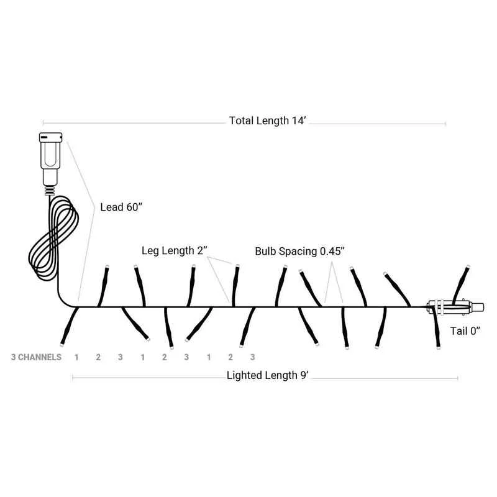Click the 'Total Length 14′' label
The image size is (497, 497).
(x=267, y=121)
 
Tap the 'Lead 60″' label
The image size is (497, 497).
(x=121, y=207)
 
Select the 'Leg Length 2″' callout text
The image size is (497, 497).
(x=174, y=251)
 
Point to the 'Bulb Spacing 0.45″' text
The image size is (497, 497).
(x=299, y=252)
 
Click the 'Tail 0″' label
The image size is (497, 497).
(x=465, y=331)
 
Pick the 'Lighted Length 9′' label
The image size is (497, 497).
(x=267, y=375)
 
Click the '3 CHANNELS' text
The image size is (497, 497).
(x=36, y=357)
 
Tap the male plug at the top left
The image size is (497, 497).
(x=50, y=158)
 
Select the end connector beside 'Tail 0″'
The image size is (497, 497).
(x=455, y=307)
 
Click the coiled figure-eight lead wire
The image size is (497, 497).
(x=53, y=238)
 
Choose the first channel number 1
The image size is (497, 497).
(x=76, y=357)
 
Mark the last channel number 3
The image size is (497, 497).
(x=252, y=357)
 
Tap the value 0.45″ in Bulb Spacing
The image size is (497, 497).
(x=332, y=251)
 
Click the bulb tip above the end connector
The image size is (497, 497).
(x=468, y=267)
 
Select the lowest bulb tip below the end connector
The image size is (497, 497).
(x=439, y=347)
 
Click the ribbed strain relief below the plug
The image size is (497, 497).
(x=50, y=191)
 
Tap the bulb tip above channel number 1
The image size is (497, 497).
(x=62, y=344)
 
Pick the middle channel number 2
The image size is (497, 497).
(x=164, y=357)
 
